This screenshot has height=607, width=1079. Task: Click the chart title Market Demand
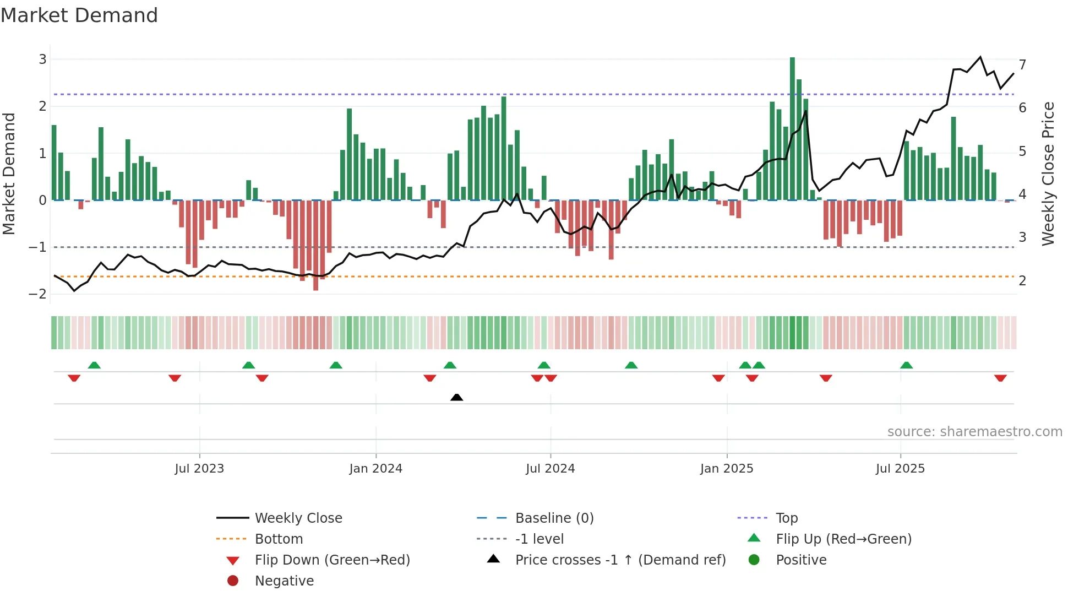(x=79, y=15)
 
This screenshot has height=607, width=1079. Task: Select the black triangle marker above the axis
(x=456, y=397)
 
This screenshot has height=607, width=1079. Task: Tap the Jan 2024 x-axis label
(x=375, y=469)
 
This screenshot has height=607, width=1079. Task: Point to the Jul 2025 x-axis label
(x=900, y=469)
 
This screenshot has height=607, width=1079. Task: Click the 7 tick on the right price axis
(x=1022, y=64)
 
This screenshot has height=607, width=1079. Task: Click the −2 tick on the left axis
(x=38, y=294)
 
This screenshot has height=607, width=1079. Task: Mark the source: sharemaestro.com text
(x=974, y=432)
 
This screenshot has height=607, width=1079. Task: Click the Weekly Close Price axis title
(x=1048, y=174)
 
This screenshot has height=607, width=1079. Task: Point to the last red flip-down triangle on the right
(x=1000, y=378)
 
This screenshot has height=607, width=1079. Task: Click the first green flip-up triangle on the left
(x=94, y=365)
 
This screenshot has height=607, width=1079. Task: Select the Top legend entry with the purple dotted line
(x=786, y=518)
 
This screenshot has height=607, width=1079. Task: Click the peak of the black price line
(x=980, y=57)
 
